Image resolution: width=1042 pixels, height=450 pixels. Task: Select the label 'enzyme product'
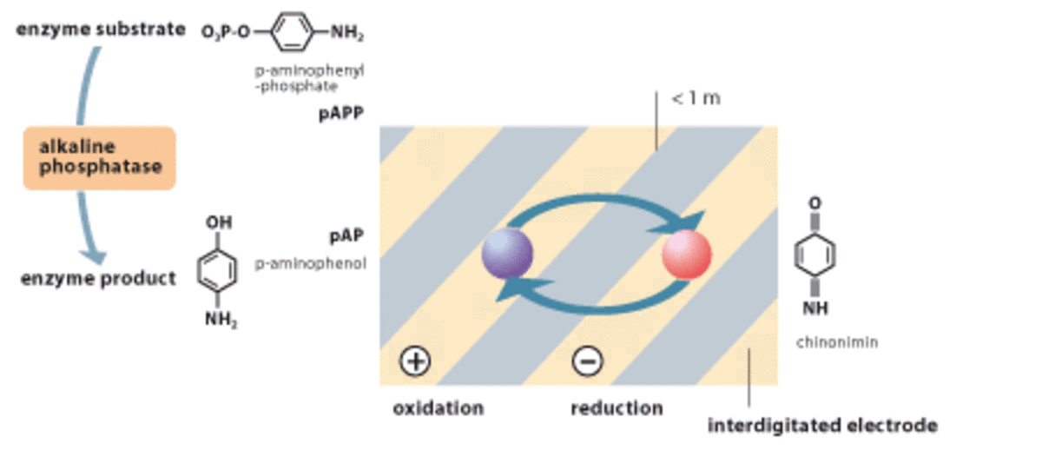pyautogui.click(x=98, y=278)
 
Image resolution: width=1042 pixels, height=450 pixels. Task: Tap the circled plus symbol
pyautogui.click(x=415, y=361)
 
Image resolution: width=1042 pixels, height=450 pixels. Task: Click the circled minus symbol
pyautogui.click(x=588, y=361)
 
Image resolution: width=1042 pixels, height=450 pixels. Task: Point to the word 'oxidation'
pyautogui.click(x=438, y=407)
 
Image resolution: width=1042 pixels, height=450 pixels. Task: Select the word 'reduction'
pyautogui.click(x=617, y=407)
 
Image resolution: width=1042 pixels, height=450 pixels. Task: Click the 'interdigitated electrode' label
pyautogui.click(x=822, y=426)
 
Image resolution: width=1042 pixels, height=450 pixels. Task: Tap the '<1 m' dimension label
pyautogui.click(x=696, y=98)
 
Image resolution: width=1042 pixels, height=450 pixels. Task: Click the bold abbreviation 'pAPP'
pyautogui.click(x=340, y=114)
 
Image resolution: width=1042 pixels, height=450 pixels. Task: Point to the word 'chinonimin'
pyautogui.click(x=837, y=342)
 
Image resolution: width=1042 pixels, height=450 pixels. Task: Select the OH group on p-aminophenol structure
pyautogui.click(x=218, y=223)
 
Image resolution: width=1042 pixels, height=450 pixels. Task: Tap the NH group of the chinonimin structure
pyautogui.click(x=816, y=308)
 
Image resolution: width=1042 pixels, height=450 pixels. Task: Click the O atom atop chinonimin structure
pyautogui.click(x=815, y=202)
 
